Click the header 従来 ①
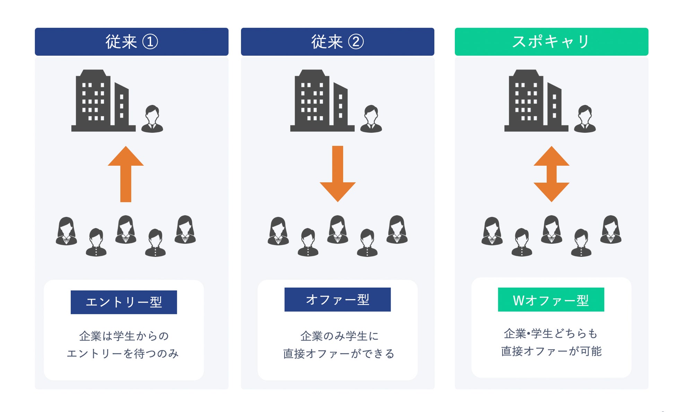tap(131, 42)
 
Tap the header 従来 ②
tap(337, 42)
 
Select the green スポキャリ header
tap(551, 42)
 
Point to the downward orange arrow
tap(337, 173)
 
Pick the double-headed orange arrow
tap(551, 174)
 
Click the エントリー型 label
tap(124, 302)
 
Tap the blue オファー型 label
tap(337, 299)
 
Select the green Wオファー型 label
tap(551, 300)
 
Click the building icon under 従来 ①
tap(103, 101)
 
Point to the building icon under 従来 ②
tap(322, 101)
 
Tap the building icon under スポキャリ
tap(536, 101)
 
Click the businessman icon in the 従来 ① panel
tap(152, 119)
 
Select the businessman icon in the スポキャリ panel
tap(585, 119)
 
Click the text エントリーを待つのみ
tap(123, 353)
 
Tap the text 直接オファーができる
tap(339, 353)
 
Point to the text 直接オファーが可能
tap(551, 351)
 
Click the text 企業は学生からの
tap(124, 336)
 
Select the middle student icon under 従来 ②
tap(337, 229)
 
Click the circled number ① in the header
tap(150, 42)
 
